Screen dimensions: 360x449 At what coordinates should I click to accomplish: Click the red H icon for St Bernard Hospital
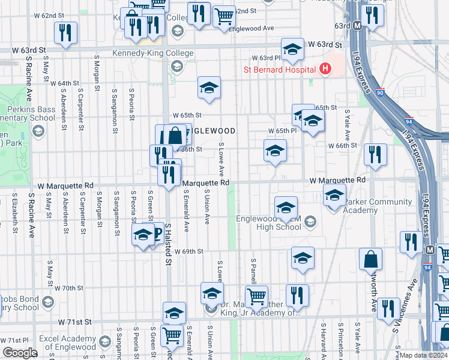tap(325, 69)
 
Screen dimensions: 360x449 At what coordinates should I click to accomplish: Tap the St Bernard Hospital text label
tap(279, 70)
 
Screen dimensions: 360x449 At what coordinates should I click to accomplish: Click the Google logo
tap(20, 353)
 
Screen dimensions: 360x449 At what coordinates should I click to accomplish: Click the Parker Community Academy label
tap(378, 206)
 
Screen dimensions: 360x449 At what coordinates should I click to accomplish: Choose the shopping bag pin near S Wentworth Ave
tap(371, 260)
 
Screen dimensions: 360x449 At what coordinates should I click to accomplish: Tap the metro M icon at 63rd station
tap(357, 26)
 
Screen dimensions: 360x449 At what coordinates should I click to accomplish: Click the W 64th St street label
tap(65, 83)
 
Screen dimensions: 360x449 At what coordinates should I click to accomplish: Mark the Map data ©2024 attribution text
tap(424, 355)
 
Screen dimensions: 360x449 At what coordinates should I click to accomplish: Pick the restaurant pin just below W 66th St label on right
tap(375, 155)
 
